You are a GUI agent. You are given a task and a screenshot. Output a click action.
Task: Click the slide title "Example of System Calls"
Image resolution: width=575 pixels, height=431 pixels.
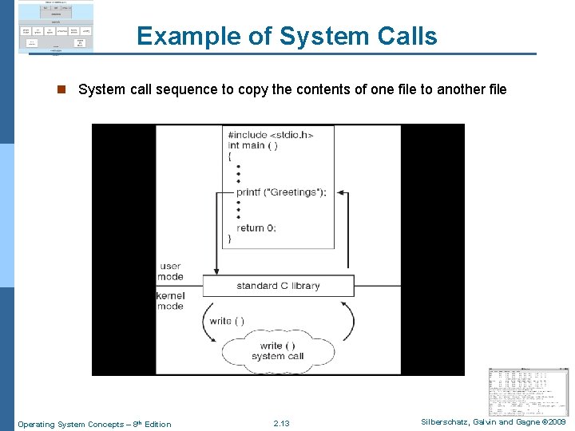tap(287, 36)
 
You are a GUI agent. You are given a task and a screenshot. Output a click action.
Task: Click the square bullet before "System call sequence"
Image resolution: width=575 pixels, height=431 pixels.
tap(59, 89)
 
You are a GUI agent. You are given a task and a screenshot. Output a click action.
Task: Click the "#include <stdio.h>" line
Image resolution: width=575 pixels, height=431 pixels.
tap(270, 134)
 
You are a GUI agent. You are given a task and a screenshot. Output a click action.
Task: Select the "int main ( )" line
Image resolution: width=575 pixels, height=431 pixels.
tap(252, 145)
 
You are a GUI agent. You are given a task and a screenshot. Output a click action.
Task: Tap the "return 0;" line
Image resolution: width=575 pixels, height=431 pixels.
tap(256, 227)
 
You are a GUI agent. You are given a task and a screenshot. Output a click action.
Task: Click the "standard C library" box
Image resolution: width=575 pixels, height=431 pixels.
tap(278, 286)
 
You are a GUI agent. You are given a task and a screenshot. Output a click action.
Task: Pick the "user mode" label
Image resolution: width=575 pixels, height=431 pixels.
tap(171, 271)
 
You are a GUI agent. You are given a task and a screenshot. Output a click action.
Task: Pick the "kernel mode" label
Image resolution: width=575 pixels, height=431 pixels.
tap(170, 301)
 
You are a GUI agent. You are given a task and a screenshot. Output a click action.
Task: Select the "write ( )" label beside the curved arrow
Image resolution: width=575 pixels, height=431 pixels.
tap(227, 321)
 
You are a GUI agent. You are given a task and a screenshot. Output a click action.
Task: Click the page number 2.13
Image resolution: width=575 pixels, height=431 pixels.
tap(281, 424)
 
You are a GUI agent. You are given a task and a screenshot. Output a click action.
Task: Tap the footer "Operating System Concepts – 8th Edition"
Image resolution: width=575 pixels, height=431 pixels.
tap(94, 424)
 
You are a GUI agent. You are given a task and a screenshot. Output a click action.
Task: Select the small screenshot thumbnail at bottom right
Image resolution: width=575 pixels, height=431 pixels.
tap(529, 391)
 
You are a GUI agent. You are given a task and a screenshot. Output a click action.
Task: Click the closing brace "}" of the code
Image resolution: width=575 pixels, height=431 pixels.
tap(230, 238)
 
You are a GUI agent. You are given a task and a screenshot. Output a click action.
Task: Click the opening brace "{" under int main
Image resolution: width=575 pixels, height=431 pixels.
tap(230, 156)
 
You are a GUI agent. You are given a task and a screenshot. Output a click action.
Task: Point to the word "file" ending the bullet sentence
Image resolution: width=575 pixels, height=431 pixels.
tap(494, 89)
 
